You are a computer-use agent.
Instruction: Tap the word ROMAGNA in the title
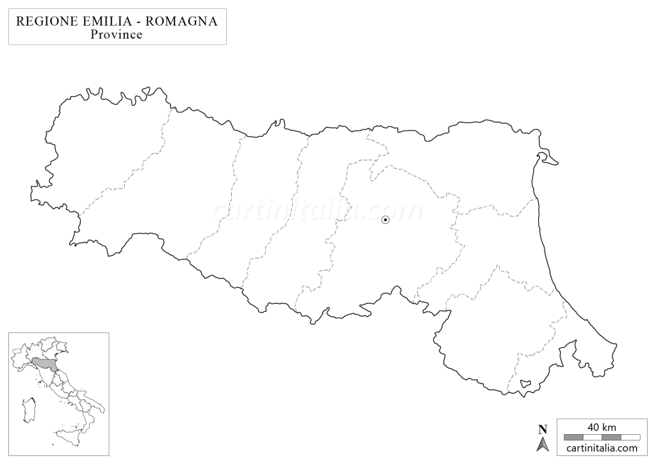click(x=182, y=21)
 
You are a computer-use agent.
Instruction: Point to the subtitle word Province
click(x=117, y=35)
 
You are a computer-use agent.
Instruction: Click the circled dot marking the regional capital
click(x=385, y=219)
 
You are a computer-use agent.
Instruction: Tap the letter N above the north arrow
click(x=543, y=429)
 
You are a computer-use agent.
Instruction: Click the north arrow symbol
click(x=543, y=443)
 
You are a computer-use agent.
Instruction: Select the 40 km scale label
click(x=602, y=427)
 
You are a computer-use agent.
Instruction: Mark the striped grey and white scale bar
click(x=602, y=437)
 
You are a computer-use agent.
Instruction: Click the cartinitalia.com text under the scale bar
click(x=602, y=448)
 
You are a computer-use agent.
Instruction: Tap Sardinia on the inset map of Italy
click(x=28, y=409)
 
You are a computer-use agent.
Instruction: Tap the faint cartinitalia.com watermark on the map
click(x=318, y=210)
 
